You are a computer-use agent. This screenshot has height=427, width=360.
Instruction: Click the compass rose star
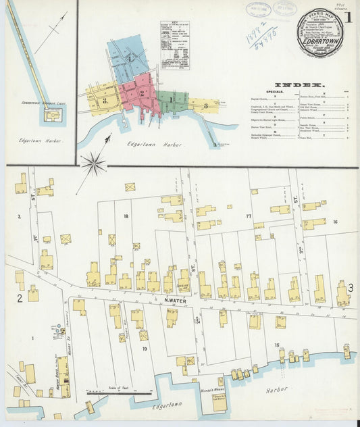(x=93, y=163)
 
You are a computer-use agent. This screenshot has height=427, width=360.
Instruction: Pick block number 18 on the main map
(x=126, y=216)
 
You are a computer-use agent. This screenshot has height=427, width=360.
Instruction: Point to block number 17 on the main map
(x=249, y=216)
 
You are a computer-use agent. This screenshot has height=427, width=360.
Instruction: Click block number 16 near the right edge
(x=334, y=222)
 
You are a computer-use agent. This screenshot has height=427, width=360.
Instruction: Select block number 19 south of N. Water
(x=145, y=348)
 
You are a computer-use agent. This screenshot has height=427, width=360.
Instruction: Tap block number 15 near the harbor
(x=277, y=346)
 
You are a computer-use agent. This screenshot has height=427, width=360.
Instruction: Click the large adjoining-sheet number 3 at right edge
(x=351, y=288)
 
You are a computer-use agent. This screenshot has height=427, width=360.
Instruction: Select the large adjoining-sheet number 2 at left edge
(x=20, y=298)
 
